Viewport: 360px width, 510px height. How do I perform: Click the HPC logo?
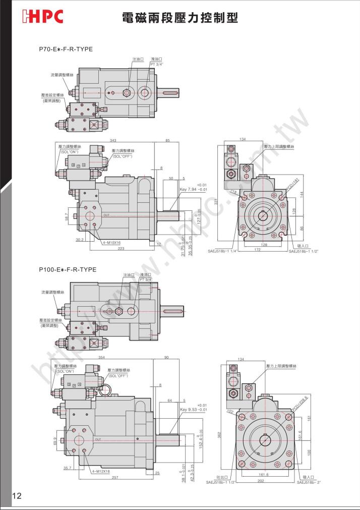click(x=42, y=17)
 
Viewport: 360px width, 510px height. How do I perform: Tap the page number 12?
click(x=17, y=496)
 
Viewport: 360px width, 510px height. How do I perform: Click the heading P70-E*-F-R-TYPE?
click(x=66, y=49)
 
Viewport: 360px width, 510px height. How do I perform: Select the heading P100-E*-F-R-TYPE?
click(x=68, y=269)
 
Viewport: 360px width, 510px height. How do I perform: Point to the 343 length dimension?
click(x=114, y=140)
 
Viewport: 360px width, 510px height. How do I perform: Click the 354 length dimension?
click(x=102, y=357)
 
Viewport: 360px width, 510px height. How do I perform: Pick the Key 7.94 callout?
click(x=194, y=190)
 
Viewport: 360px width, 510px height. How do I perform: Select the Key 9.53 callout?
click(x=194, y=410)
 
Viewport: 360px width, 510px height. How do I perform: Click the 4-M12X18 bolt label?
click(x=101, y=471)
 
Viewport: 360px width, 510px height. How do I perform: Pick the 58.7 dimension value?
click(x=67, y=216)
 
